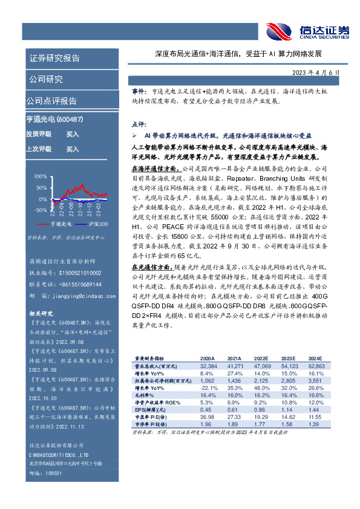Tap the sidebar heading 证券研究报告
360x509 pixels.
54,59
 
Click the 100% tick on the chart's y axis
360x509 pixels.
40,177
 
